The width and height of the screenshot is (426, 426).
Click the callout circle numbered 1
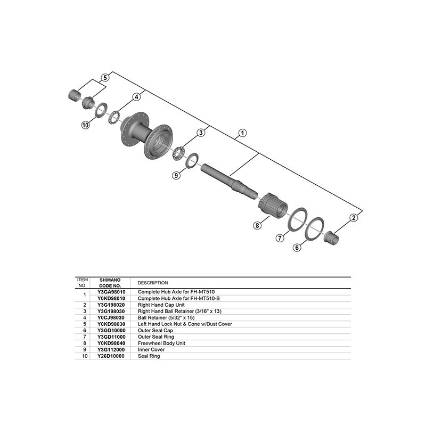pos(242,133)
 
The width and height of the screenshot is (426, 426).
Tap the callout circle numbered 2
pos(354,217)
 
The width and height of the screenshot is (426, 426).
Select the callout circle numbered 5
pos(105,77)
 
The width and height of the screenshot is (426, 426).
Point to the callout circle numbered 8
pos(257,225)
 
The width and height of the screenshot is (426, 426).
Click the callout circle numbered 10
pos(85,125)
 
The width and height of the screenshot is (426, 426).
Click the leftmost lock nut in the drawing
pos(75,96)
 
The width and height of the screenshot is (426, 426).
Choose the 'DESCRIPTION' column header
pos(153,283)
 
